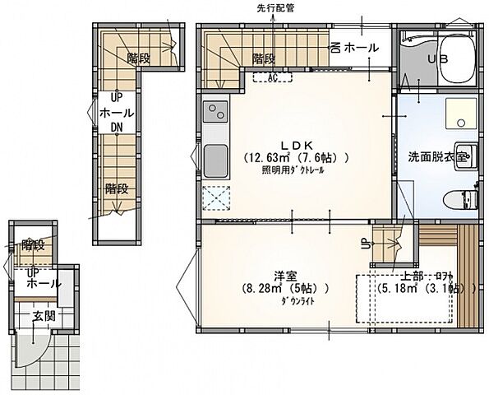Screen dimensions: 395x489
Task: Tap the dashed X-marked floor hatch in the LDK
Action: click(x=215, y=197)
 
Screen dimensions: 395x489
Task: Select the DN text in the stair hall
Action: click(x=117, y=127)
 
